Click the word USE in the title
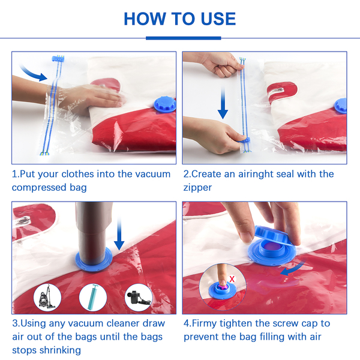pos(218,19)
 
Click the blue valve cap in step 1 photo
pos(165,105)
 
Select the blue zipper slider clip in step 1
pos(58,59)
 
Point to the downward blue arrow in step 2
pos(223,103)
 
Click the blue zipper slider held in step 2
pos(245,140)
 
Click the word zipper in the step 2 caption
pos(197,187)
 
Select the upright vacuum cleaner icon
pos(47,298)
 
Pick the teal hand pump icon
pos(93,298)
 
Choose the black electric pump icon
pos(139,298)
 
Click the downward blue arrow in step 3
pos(119,234)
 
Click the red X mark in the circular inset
pos(232,279)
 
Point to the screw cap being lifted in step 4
pos(272,235)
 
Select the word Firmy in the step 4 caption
pos(204,323)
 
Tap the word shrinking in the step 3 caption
pos(60,350)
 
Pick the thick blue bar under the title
pos(184,38)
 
